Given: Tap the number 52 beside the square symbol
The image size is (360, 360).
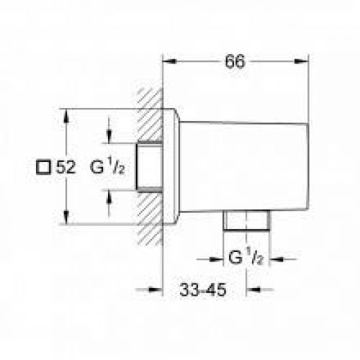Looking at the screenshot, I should point(64,167).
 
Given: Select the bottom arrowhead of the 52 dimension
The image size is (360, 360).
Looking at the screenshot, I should point(68,221).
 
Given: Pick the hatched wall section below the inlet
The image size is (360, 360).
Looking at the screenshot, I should point(148,216).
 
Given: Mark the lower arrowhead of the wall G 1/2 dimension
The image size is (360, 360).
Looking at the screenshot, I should point(109,194).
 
